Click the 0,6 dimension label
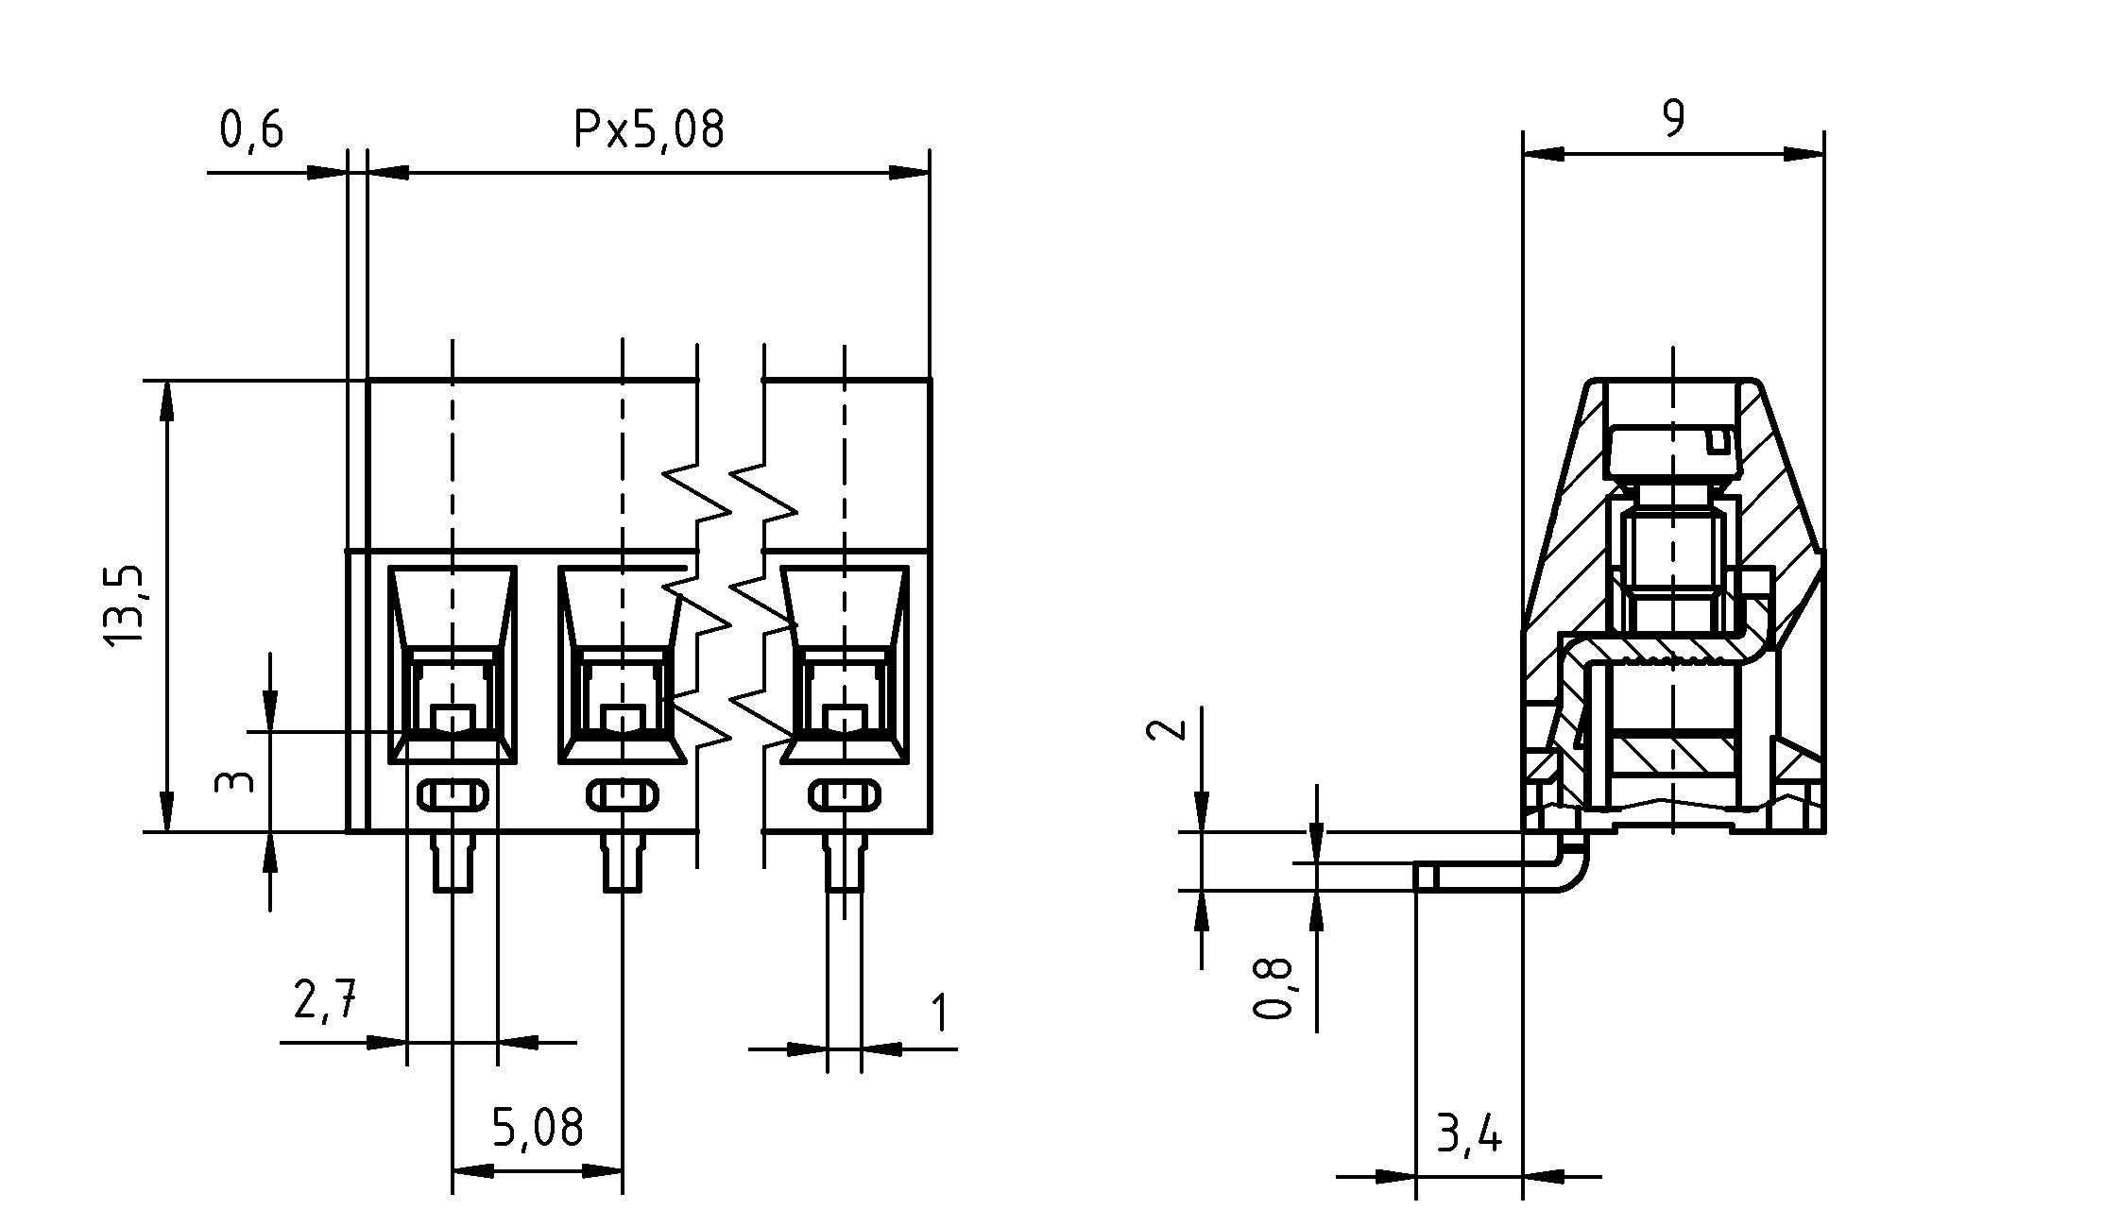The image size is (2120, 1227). click(251, 129)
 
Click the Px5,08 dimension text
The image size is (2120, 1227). click(649, 129)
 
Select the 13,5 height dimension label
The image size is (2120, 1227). click(124, 605)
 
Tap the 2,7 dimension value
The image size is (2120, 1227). click(324, 1000)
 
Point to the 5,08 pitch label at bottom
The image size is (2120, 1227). click(538, 1127)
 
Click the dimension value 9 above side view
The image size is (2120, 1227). click(1672, 120)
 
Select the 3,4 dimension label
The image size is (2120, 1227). click(1468, 1134)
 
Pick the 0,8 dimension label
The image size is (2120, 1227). click(1273, 988)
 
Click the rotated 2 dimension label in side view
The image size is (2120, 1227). click(1165, 730)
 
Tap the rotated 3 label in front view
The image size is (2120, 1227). click(234, 782)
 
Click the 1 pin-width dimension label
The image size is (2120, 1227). click(938, 1014)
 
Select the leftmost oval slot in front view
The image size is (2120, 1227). click(453, 795)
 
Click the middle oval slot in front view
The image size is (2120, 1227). click(622, 795)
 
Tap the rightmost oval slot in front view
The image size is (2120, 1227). click(844, 795)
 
